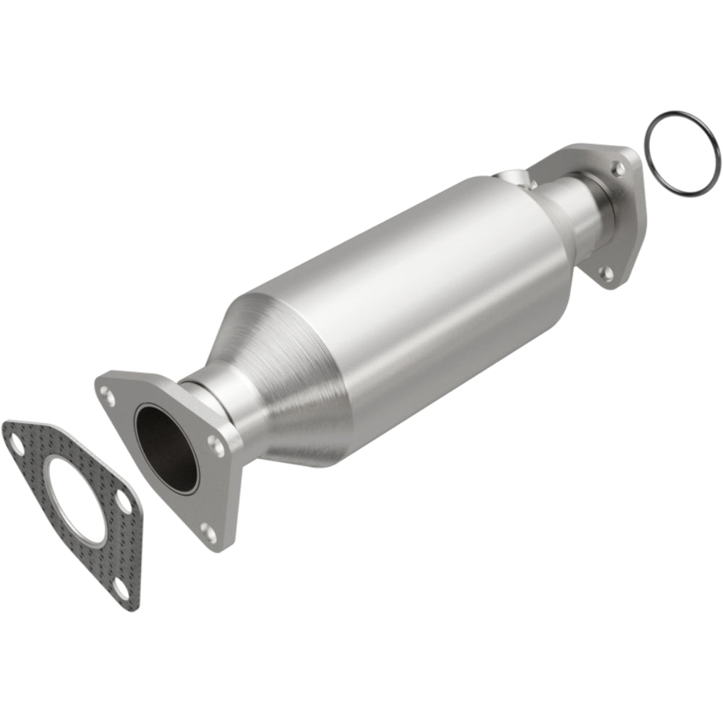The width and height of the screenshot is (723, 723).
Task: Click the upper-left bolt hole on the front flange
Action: tap(108, 395)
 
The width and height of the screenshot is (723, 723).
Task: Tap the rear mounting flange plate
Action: tap(622, 217)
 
